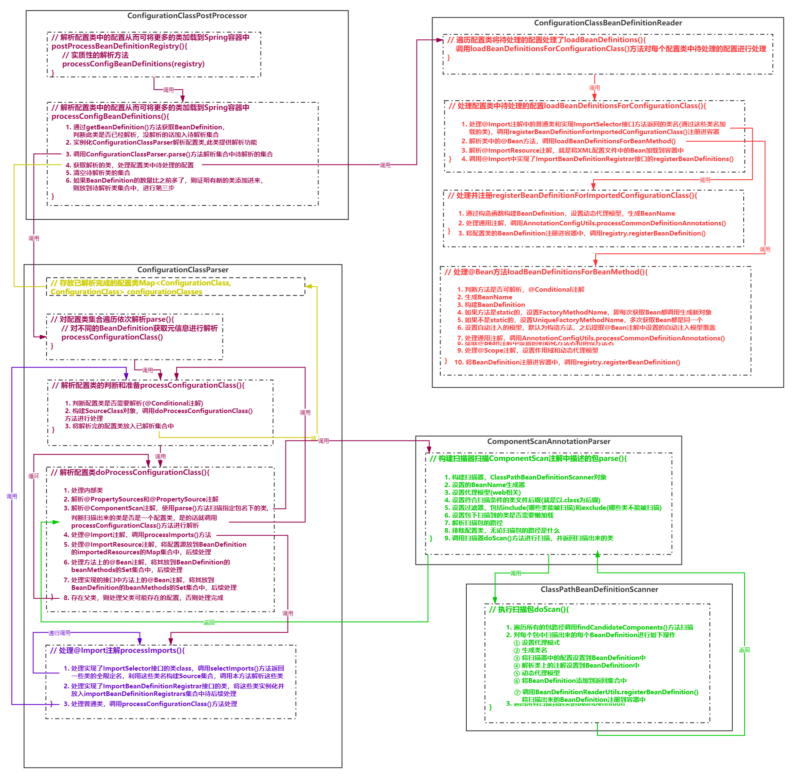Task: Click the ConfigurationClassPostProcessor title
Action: pyautogui.click(x=187, y=16)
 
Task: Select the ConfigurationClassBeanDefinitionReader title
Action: pyautogui.click(x=608, y=23)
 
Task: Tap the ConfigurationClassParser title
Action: pyautogui.click(x=183, y=270)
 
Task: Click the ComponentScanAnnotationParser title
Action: pyautogui.click(x=548, y=441)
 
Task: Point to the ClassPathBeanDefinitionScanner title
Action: pyautogui.click(x=599, y=589)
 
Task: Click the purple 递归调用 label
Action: pyautogui.click(x=59, y=633)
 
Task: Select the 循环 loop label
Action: pyautogui.click(x=34, y=476)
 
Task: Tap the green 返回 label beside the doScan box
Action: pyautogui.click(x=744, y=649)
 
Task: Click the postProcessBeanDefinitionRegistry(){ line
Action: pyautogui.click(x=119, y=46)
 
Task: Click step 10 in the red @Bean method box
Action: pyautogui.click(x=567, y=362)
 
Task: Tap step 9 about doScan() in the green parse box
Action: pyautogui.click(x=528, y=538)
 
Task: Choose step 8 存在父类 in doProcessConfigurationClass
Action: pyautogui.click(x=143, y=598)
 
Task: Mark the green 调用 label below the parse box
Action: pyautogui.click(x=515, y=573)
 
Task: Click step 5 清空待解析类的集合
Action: pyautogui.click(x=98, y=173)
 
